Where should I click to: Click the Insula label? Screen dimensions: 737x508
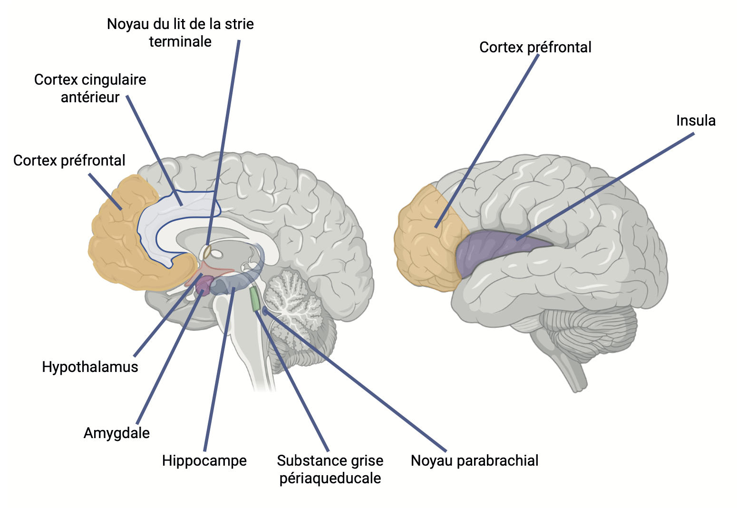click(696, 120)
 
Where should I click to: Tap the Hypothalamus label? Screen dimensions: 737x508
click(90, 367)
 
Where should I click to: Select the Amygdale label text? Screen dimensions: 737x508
click(116, 433)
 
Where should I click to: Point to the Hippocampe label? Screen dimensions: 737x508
click(204, 460)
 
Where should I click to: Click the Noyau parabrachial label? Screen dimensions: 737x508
click(475, 460)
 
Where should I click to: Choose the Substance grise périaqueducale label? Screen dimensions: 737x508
click(330, 469)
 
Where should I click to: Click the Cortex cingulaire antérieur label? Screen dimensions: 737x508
click(90, 88)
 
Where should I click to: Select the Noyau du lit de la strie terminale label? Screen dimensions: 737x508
click(180, 33)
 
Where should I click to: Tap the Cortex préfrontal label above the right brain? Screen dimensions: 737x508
click(535, 47)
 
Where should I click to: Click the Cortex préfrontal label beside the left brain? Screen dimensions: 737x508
click(69, 160)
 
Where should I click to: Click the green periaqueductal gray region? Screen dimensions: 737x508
click(254, 299)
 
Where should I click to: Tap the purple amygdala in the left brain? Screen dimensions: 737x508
click(204, 285)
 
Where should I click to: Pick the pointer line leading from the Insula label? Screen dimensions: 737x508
click(605, 186)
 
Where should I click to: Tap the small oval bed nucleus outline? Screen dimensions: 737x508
click(207, 253)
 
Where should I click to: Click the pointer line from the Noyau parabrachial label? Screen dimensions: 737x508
click(355, 380)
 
